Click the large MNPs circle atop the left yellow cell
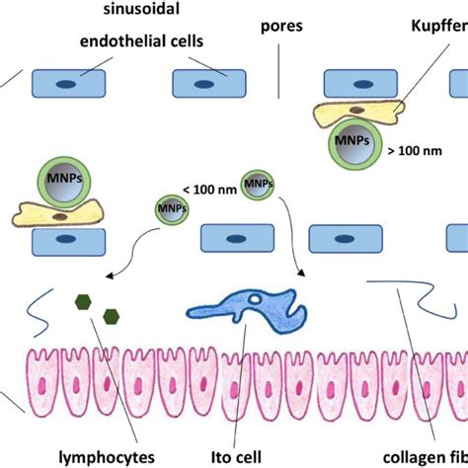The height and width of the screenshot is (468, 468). click(x=62, y=182)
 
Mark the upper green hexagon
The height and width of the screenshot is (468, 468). click(x=83, y=299)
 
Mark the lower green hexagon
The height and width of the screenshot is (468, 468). click(x=111, y=317)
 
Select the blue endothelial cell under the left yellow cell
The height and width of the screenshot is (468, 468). click(x=66, y=239)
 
